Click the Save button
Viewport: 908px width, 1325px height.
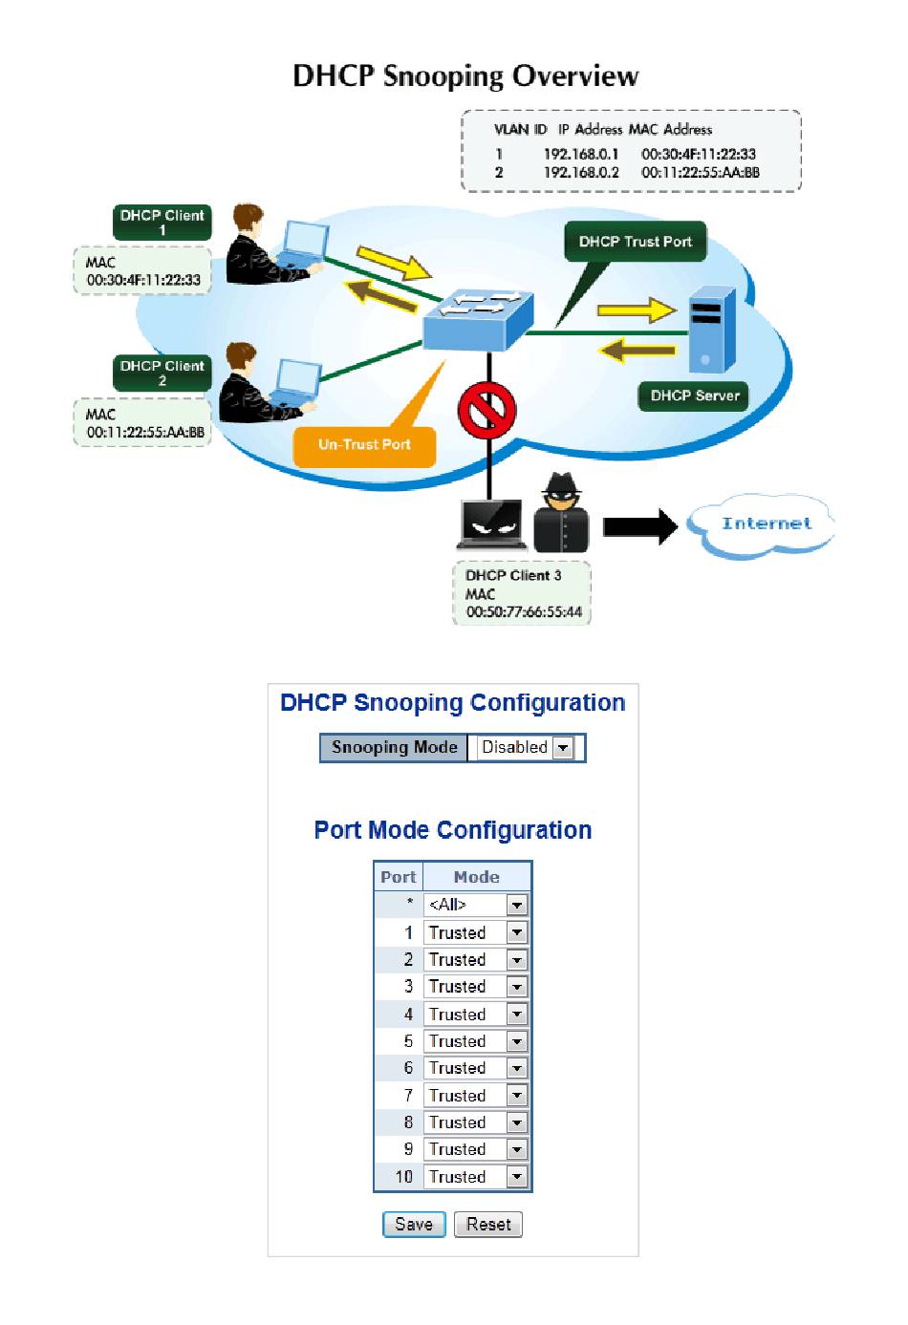click(x=414, y=1224)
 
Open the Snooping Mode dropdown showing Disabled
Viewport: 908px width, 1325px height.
click(x=526, y=747)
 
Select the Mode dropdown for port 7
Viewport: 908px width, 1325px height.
click(x=476, y=1095)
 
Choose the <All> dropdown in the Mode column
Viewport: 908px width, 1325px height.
click(x=476, y=904)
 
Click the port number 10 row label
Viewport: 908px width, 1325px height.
click(x=403, y=1176)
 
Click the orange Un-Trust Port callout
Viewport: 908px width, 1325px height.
click(x=364, y=444)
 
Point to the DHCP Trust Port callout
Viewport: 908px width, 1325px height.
click(x=635, y=242)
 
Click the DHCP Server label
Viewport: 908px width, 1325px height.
click(x=695, y=395)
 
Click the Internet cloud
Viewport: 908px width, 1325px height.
click(x=766, y=524)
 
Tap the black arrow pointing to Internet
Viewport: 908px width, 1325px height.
click(x=639, y=525)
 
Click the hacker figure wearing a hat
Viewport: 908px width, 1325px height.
click(x=561, y=513)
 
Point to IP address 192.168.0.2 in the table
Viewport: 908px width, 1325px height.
click(x=581, y=173)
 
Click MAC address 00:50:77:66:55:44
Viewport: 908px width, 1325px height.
click(x=524, y=612)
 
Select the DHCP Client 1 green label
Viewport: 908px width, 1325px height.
click(x=162, y=222)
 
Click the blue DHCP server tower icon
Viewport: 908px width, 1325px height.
click(x=713, y=331)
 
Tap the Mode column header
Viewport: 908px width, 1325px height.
click(x=476, y=876)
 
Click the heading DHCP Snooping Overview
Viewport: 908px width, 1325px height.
click(x=465, y=76)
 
